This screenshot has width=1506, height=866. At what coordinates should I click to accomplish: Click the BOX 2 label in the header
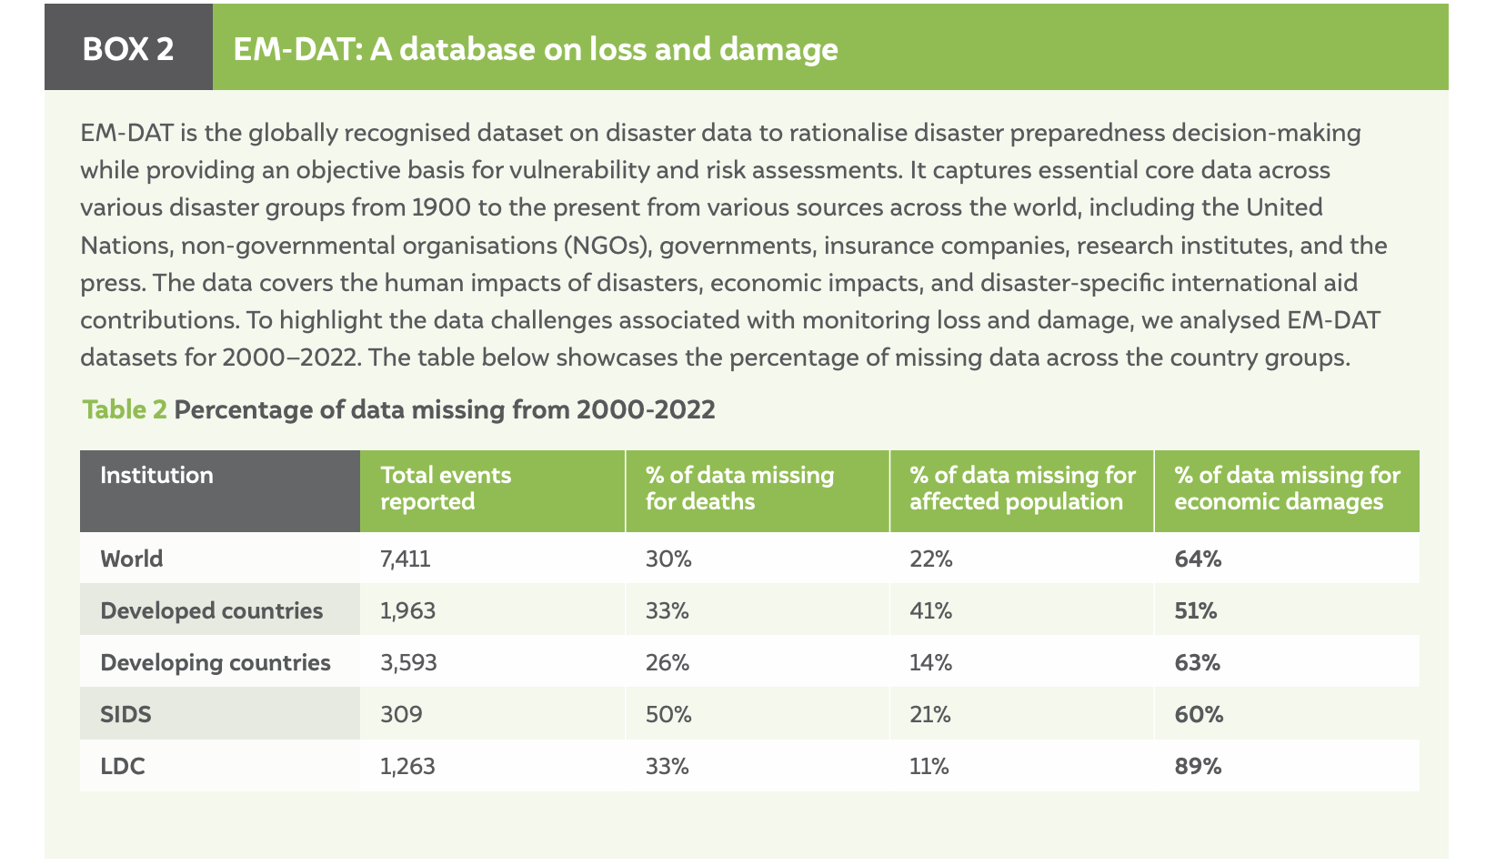coord(127,49)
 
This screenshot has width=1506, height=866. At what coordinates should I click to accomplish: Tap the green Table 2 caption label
coord(125,409)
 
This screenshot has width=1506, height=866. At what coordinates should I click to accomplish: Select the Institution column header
coord(156,476)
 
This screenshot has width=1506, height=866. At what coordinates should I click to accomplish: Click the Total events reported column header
coord(446,488)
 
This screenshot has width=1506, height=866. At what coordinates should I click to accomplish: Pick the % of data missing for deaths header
coord(739,488)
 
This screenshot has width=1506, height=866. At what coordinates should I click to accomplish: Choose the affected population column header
coord(1022,488)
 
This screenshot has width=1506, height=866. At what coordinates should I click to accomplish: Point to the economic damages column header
coord(1288,488)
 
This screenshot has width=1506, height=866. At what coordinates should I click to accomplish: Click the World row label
coord(132,559)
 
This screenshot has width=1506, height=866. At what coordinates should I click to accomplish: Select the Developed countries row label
coord(212,610)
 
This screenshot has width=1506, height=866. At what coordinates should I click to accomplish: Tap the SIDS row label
coord(125,714)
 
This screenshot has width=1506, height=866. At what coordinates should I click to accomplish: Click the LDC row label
coord(123,766)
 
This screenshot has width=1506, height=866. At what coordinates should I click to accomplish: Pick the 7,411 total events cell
coord(406,559)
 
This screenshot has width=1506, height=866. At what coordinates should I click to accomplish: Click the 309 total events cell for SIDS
coord(401,714)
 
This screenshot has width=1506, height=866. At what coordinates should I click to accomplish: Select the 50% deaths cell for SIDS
coord(668,714)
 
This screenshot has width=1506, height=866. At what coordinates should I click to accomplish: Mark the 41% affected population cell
coord(931,610)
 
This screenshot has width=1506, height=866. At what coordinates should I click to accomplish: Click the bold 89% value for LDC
coord(1198,766)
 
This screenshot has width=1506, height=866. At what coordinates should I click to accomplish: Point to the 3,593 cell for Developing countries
coord(408,662)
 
